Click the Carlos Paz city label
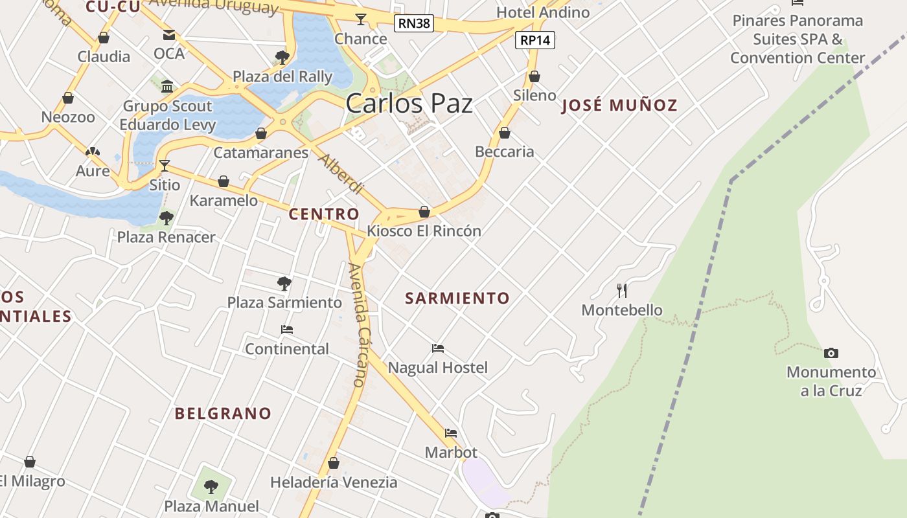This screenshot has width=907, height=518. pos(409,104)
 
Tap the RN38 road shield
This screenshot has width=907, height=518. pos(414,24)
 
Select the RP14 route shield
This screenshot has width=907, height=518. pos(536,40)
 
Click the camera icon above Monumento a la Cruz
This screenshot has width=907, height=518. pos(831,353)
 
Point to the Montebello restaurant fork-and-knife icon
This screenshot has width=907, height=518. pos(622,290)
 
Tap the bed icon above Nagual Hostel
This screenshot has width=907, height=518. pos(438,348)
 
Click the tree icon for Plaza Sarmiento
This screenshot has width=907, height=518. pos(284,283)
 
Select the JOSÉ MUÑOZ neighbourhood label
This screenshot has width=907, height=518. pos(619,105)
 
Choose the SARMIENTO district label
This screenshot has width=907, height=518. pos(457,298)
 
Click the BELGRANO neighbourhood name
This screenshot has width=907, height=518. pos(223,413)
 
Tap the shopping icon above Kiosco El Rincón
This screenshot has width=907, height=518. pos(424,212)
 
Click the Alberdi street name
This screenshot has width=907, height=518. pos(341,174)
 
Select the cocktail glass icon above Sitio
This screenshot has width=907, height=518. pos(165,166)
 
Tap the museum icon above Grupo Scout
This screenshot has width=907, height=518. pos(168,86)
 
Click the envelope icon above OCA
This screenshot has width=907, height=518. pos(169,34)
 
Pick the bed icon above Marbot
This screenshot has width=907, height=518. pos(451,433)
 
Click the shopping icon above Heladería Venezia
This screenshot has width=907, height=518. pos(334,463)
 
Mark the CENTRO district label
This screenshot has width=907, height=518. pos(324,214)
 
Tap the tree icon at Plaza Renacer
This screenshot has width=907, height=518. pos(166,218)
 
